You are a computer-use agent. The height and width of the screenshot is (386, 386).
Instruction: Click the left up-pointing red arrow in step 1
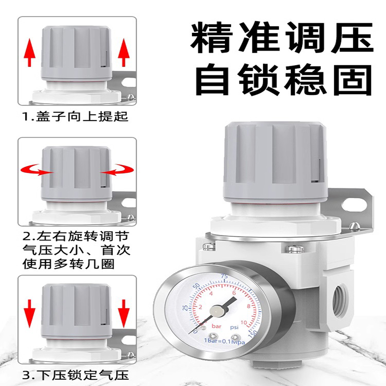(x=30, y=53)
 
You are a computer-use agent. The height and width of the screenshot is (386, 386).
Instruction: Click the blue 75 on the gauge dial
(x=223, y=276)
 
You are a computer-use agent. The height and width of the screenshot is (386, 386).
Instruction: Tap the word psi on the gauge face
(x=234, y=328)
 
